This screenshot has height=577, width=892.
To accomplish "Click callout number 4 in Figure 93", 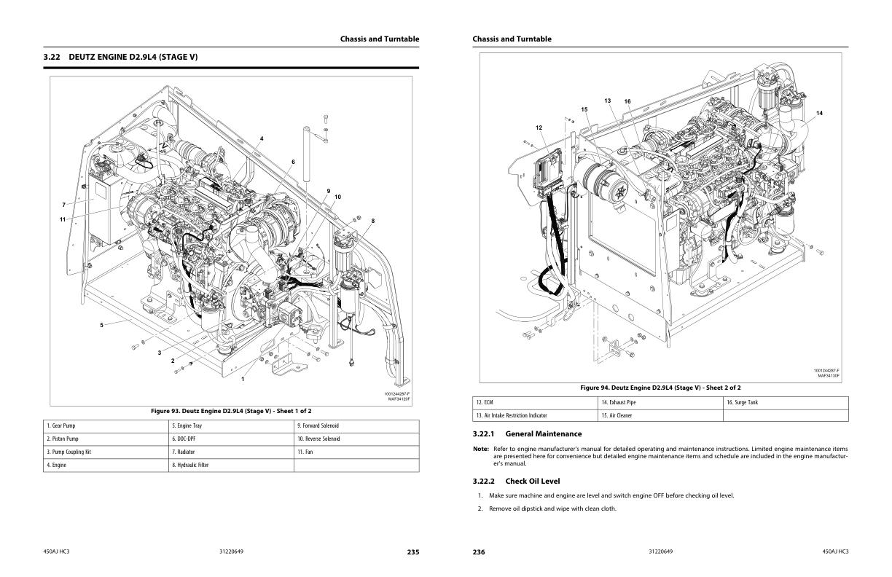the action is (x=262, y=138).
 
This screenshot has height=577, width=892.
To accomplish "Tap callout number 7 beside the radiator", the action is (x=63, y=205).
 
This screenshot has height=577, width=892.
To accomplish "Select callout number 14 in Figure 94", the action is (x=819, y=113).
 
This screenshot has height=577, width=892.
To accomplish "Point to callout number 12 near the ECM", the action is (x=539, y=127).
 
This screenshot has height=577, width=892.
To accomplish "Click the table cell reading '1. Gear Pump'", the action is (x=106, y=426).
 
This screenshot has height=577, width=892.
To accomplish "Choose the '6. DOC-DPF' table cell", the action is (x=231, y=439).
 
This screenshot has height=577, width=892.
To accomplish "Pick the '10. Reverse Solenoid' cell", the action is (x=356, y=439).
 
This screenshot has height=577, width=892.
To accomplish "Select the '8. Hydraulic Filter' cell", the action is (x=231, y=465).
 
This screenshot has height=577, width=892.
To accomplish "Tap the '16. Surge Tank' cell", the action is (x=786, y=403).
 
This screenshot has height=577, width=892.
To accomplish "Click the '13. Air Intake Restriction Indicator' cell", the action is (x=535, y=415).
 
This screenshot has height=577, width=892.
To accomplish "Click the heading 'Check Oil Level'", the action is (x=533, y=481).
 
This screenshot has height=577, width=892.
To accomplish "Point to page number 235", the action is (x=413, y=552).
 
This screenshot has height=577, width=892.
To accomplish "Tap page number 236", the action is (x=479, y=552).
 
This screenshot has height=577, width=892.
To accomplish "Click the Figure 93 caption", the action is (x=231, y=411).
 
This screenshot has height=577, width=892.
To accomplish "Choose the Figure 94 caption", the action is (x=660, y=388).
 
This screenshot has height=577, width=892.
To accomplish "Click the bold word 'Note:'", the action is (x=481, y=449).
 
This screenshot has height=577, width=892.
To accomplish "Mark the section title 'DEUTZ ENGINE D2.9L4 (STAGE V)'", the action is (x=133, y=57).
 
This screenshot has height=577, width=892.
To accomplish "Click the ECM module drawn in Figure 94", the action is (x=547, y=173).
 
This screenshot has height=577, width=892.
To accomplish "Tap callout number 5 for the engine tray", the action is (x=101, y=325).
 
